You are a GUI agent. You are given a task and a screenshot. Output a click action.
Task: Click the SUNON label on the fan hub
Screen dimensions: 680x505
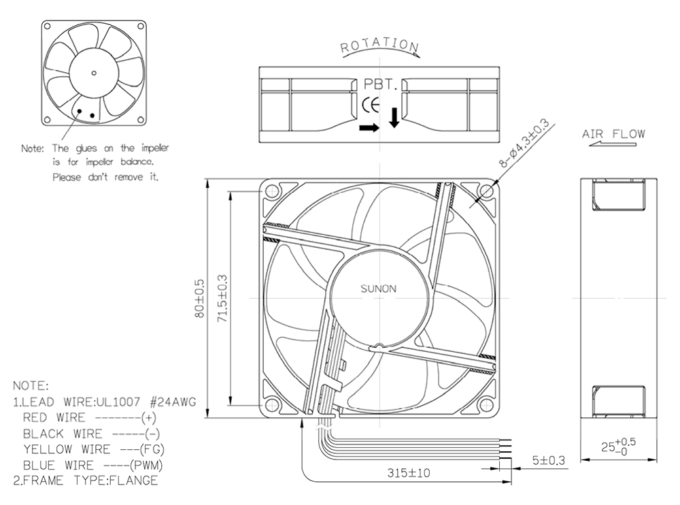click(378, 289)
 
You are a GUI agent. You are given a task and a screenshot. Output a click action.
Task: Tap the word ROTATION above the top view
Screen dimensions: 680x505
click(379, 45)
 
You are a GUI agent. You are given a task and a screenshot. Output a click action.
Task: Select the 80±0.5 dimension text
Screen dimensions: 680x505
click(199, 298)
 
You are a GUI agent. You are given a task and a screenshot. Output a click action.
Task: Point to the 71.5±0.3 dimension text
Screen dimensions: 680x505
click(222, 298)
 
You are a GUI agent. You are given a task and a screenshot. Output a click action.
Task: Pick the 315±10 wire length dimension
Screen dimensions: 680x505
click(409, 473)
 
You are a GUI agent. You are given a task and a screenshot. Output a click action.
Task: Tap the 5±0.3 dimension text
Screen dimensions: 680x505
click(549, 460)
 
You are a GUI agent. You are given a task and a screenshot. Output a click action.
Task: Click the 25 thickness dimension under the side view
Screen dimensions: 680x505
click(618, 446)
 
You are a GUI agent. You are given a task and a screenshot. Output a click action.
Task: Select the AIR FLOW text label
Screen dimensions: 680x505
click(613, 134)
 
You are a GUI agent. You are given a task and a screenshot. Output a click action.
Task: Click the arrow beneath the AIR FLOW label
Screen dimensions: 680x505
click(613, 144)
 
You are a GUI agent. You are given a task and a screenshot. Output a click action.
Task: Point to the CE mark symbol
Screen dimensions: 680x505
click(371, 105)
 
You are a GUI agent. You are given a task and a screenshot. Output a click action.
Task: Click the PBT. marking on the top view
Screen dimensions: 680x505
click(380, 84)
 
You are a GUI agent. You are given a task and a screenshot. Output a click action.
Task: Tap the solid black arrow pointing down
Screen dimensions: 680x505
click(394, 118)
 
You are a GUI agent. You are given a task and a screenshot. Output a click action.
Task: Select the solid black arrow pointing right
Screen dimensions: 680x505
click(369, 128)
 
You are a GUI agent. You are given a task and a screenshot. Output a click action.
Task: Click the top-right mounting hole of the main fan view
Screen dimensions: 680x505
click(486, 191)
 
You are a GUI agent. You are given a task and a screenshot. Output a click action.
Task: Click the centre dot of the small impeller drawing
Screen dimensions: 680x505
click(94, 73)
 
